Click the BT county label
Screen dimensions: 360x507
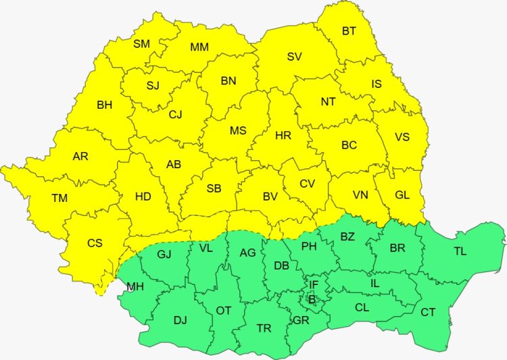point(349,30)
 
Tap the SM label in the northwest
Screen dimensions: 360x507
point(141,44)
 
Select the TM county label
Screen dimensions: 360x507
point(59,198)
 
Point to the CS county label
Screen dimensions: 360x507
point(95,242)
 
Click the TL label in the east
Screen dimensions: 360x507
point(460,251)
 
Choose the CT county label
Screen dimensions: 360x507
point(428,312)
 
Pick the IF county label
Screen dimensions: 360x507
point(313,284)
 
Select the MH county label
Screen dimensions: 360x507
point(135,286)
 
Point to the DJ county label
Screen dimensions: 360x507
point(180,320)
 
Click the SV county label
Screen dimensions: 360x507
point(294,57)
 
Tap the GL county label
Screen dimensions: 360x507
point(402,195)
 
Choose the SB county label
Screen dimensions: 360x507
point(214,188)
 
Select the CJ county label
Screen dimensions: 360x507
point(175,114)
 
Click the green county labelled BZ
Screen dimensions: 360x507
point(347,236)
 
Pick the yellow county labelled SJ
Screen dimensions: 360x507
point(153,85)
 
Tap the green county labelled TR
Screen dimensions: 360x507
point(264,328)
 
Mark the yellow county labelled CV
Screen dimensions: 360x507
point(307,183)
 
